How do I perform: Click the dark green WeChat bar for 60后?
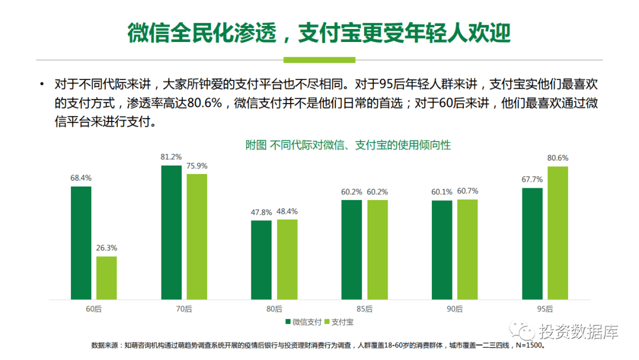pos(81,243)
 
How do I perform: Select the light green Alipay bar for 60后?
pos(106,278)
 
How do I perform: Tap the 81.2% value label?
pos(171,157)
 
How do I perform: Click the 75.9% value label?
pos(197,166)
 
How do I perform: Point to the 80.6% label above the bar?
pos(557,158)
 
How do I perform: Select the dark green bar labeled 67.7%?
pos(532,243)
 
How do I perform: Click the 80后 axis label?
pos(274,309)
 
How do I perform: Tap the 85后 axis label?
pos(364,309)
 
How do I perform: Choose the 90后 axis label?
pos(454,309)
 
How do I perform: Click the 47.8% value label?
pos(261,213)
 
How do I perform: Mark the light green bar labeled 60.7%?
pos(467,249)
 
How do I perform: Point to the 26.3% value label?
pos(106,248)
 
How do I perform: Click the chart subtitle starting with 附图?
pos(348,145)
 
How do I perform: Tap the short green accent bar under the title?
pos(319,60)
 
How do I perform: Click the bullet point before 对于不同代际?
pos(41,85)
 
